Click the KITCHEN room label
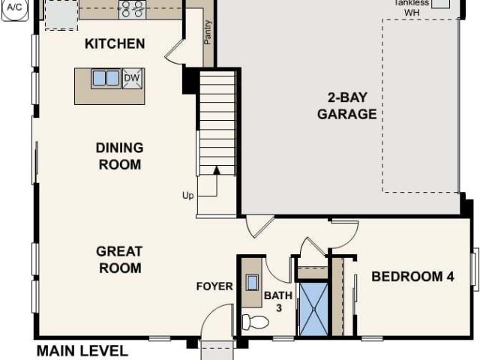[114, 43]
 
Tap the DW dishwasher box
[131, 77]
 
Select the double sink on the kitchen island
[106, 78]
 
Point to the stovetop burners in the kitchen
[133, 9]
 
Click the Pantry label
[208, 32]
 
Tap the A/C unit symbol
[14, 7]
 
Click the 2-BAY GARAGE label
[346, 105]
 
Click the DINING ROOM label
[119, 156]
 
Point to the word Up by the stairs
[188, 195]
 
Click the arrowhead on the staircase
[217, 171]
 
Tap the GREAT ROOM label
[118, 259]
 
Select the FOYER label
[214, 286]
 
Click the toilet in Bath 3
[254, 322]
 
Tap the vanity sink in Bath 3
[252, 282]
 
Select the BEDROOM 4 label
[412, 277]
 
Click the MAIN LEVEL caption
[82, 351]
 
